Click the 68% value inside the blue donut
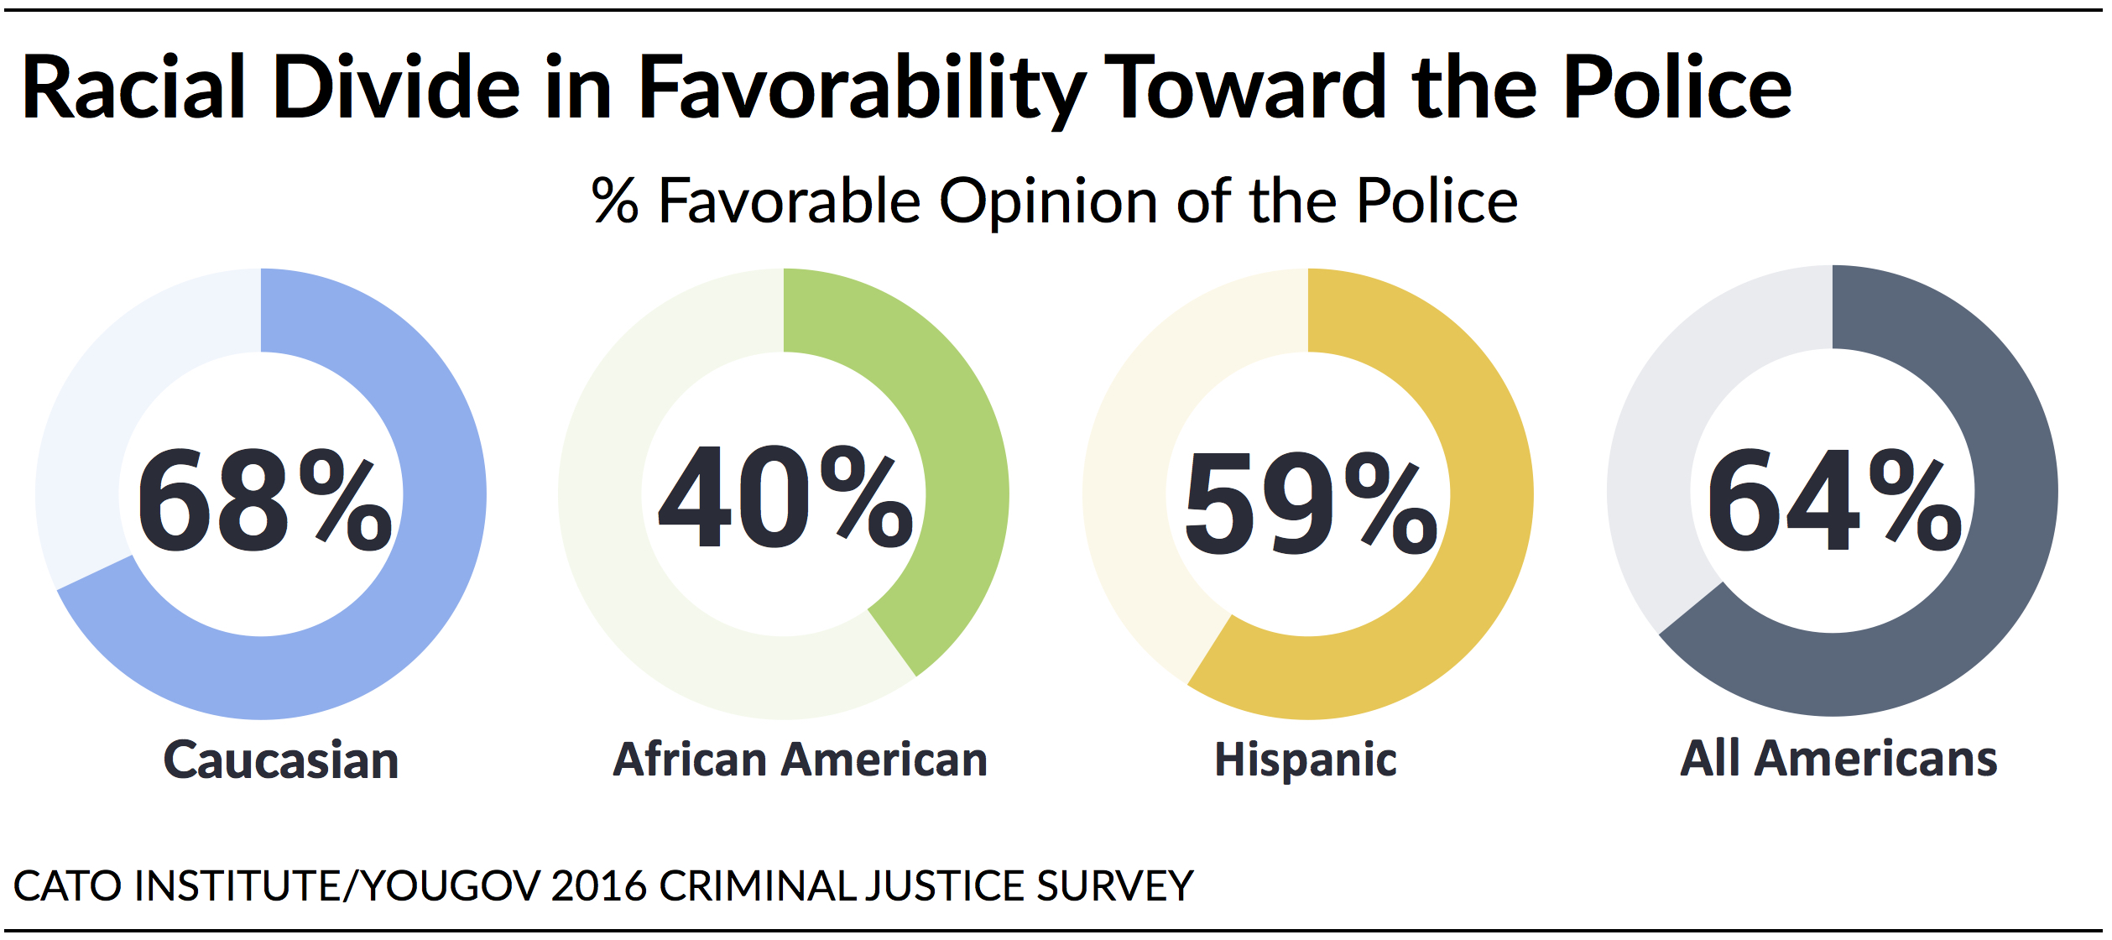click(x=263, y=501)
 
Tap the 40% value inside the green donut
click(x=785, y=497)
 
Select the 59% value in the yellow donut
click(x=1311, y=503)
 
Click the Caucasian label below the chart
click(x=281, y=760)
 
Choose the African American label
click(x=800, y=760)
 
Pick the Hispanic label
click(x=1306, y=760)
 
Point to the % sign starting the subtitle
click(x=615, y=201)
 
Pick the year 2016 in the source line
click(x=599, y=886)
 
